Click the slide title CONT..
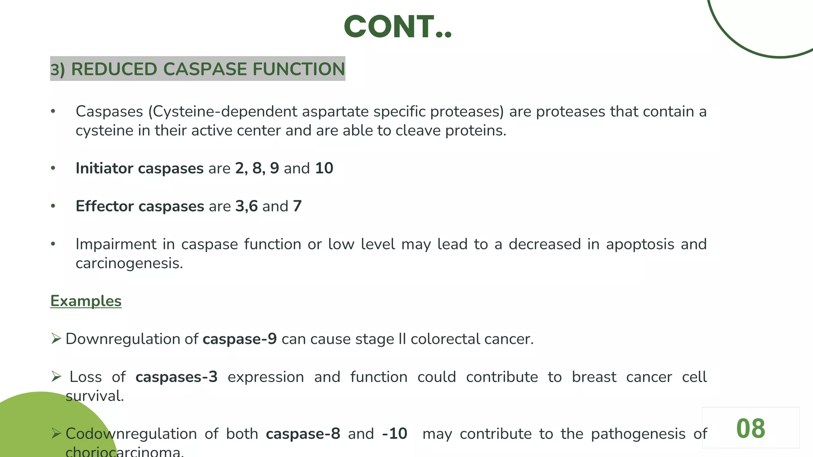[x=397, y=27]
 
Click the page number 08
[x=750, y=428]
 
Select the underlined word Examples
[x=86, y=301]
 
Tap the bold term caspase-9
[x=239, y=339]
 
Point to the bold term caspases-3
[x=176, y=377]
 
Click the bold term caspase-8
[x=303, y=434]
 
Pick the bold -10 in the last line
[x=395, y=434]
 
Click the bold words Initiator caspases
[x=139, y=168]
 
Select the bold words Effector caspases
[x=140, y=206]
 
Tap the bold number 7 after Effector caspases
[x=297, y=206]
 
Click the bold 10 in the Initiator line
[x=324, y=168]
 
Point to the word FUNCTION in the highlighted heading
[x=299, y=69]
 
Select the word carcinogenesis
[x=129, y=263]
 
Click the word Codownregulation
[x=131, y=434]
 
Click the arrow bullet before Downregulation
[x=56, y=339]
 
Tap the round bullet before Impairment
[x=53, y=244]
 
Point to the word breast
[x=594, y=377]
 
